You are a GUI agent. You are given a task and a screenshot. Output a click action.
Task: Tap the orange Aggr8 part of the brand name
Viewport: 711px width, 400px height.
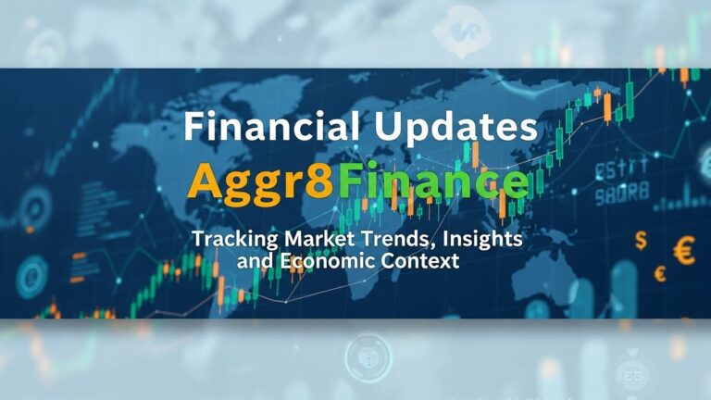point(260,182)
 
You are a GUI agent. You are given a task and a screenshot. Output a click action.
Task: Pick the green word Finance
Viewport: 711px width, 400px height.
point(433,181)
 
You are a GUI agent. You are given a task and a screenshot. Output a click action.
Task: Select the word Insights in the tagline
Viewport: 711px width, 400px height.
point(484,239)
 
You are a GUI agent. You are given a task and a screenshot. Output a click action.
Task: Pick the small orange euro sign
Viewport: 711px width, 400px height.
point(660,273)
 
